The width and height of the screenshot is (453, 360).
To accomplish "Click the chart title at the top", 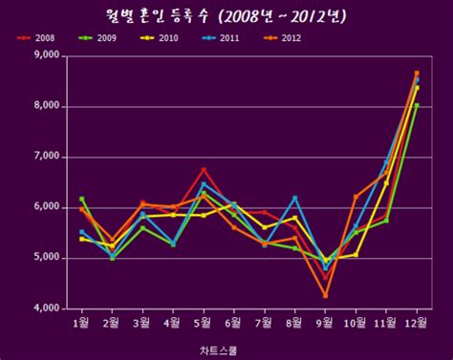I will [226, 16].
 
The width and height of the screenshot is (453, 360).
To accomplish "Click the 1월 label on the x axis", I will [81, 323].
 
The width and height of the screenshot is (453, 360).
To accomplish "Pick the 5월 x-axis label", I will [203, 323].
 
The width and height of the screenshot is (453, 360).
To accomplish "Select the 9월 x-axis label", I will [325, 323].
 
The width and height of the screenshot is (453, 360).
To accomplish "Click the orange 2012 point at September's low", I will [325, 296].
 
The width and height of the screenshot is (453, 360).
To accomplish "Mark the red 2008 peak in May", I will [203, 169].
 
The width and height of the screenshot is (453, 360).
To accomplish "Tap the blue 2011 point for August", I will [294, 198].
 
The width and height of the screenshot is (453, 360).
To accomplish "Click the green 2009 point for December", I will [417, 105].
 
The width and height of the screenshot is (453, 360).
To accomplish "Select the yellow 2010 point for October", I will [356, 255].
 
